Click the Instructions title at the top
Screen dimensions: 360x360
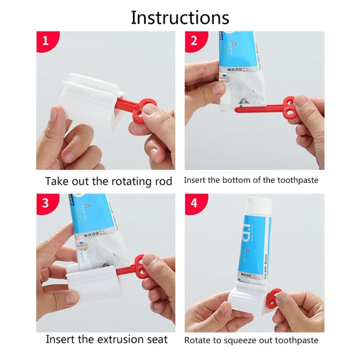click(180, 18)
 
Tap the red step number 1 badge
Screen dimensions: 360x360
click(46, 40)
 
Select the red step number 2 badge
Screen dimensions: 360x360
click(194, 40)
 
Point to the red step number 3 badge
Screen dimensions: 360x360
click(46, 203)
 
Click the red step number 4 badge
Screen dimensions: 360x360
click(194, 203)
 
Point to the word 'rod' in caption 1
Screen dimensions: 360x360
click(163, 181)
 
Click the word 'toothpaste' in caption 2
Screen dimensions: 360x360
click(297, 180)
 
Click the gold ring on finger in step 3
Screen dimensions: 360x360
click(42, 279)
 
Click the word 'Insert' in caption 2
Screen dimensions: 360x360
click(195, 180)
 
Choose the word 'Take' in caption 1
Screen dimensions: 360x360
click(57, 181)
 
